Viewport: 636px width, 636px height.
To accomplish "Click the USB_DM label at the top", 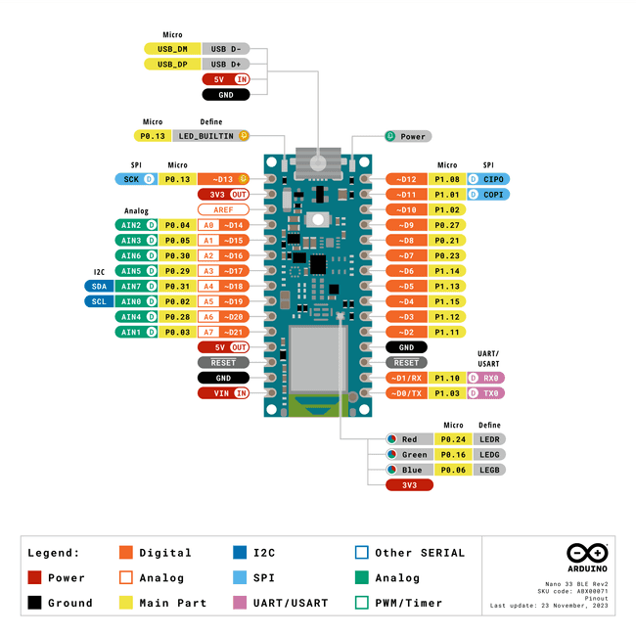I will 172,48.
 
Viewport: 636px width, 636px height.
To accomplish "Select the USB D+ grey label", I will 226,64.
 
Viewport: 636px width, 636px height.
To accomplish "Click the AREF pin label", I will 224,209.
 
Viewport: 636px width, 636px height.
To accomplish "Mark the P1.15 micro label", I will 447,301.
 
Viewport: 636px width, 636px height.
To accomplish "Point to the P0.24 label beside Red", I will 452,439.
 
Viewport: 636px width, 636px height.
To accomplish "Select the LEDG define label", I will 489,455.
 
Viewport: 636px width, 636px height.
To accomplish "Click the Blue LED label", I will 409,470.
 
